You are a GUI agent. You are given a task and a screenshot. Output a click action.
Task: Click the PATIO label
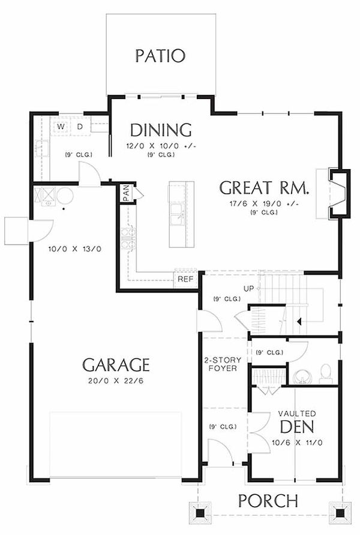(x=160, y=56)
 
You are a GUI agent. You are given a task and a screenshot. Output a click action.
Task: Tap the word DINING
(x=161, y=130)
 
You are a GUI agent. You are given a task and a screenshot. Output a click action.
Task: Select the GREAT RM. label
(x=265, y=188)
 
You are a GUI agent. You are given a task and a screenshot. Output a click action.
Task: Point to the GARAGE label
(x=116, y=365)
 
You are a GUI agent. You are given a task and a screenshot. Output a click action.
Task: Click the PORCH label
(x=268, y=501)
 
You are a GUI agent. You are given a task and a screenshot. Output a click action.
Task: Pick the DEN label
(x=297, y=426)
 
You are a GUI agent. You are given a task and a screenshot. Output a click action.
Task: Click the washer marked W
(x=61, y=127)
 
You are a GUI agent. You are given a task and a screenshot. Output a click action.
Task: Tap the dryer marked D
(x=80, y=127)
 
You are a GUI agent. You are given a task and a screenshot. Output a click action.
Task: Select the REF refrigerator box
(x=185, y=279)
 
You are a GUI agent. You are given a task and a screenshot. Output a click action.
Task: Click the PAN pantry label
(x=126, y=193)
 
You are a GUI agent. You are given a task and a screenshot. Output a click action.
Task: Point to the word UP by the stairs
(x=249, y=288)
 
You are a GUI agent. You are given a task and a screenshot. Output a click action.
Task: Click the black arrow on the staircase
(x=299, y=321)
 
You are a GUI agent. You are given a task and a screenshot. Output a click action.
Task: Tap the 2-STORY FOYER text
(x=223, y=364)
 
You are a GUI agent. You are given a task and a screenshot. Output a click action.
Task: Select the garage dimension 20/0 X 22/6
(x=116, y=380)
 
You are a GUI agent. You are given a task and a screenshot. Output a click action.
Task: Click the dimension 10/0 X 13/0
(x=75, y=249)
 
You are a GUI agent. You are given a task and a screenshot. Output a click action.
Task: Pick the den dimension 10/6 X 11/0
(x=297, y=443)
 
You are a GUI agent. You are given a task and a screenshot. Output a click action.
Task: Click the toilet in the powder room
(x=326, y=374)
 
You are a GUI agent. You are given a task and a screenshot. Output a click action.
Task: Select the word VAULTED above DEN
(x=297, y=413)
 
